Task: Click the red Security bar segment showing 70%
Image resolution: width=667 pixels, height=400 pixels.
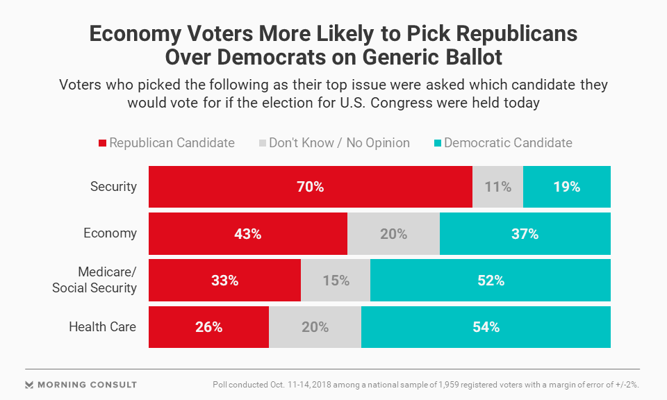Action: pos(310,187)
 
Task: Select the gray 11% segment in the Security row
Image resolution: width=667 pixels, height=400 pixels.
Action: pos(497,187)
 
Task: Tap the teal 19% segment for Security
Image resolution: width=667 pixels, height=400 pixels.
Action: pos(566,187)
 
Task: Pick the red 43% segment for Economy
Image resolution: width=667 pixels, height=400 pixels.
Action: pos(247,233)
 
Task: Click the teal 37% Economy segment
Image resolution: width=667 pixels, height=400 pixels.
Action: pos(525,233)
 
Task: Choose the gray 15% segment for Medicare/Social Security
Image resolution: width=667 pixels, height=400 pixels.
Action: pos(336,280)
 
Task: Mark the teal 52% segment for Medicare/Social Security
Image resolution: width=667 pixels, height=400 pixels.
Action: pos(490,280)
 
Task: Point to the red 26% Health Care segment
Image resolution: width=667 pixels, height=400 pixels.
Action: pos(208,326)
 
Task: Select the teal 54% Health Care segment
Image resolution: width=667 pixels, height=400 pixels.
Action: pos(486,326)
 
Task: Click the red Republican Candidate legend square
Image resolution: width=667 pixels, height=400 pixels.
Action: pos(102,144)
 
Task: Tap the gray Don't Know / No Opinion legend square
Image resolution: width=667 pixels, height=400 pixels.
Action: pos(262,144)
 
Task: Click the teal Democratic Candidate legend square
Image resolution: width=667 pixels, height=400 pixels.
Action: pos(437,144)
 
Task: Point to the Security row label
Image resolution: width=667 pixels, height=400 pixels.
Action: pos(113,187)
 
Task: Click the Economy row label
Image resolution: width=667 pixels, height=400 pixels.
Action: pos(110,233)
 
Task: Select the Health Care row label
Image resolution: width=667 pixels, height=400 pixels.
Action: pos(103,326)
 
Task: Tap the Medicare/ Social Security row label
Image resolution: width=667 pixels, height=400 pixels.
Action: pos(94,280)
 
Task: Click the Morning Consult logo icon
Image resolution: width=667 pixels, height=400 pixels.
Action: pos(29,385)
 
